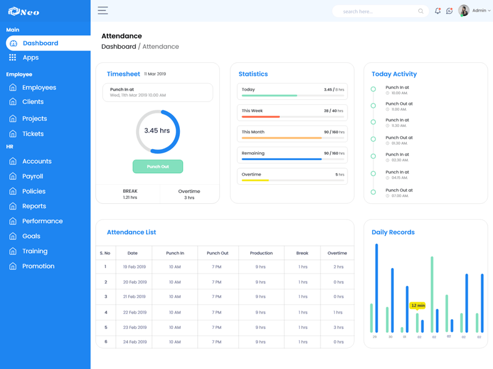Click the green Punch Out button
pyautogui.click(x=158, y=166)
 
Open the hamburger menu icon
pyautogui.click(x=103, y=10)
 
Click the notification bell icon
pyautogui.click(x=438, y=11)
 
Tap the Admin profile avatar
pyautogui.click(x=463, y=10)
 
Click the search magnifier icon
pyautogui.click(x=421, y=11)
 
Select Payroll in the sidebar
pyautogui.click(x=33, y=176)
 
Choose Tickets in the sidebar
pyautogui.click(x=33, y=134)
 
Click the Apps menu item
pyautogui.click(x=30, y=57)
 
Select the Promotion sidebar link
pyautogui.click(x=38, y=266)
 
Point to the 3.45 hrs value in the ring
pyautogui.click(x=157, y=131)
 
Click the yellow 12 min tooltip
pyautogui.click(x=418, y=306)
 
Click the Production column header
pyautogui.click(x=261, y=253)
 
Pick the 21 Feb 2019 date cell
pyautogui.click(x=134, y=296)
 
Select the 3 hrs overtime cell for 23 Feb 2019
pyautogui.click(x=338, y=328)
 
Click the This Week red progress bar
pyautogui.click(x=261, y=116)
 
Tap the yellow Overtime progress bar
pyautogui.click(x=255, y=180)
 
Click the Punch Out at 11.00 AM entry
pyautogui.click(x=399, y=106)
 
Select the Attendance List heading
pyautogui.click(x=131, y=232)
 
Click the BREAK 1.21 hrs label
pyautogui.click(x=130, y=194)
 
